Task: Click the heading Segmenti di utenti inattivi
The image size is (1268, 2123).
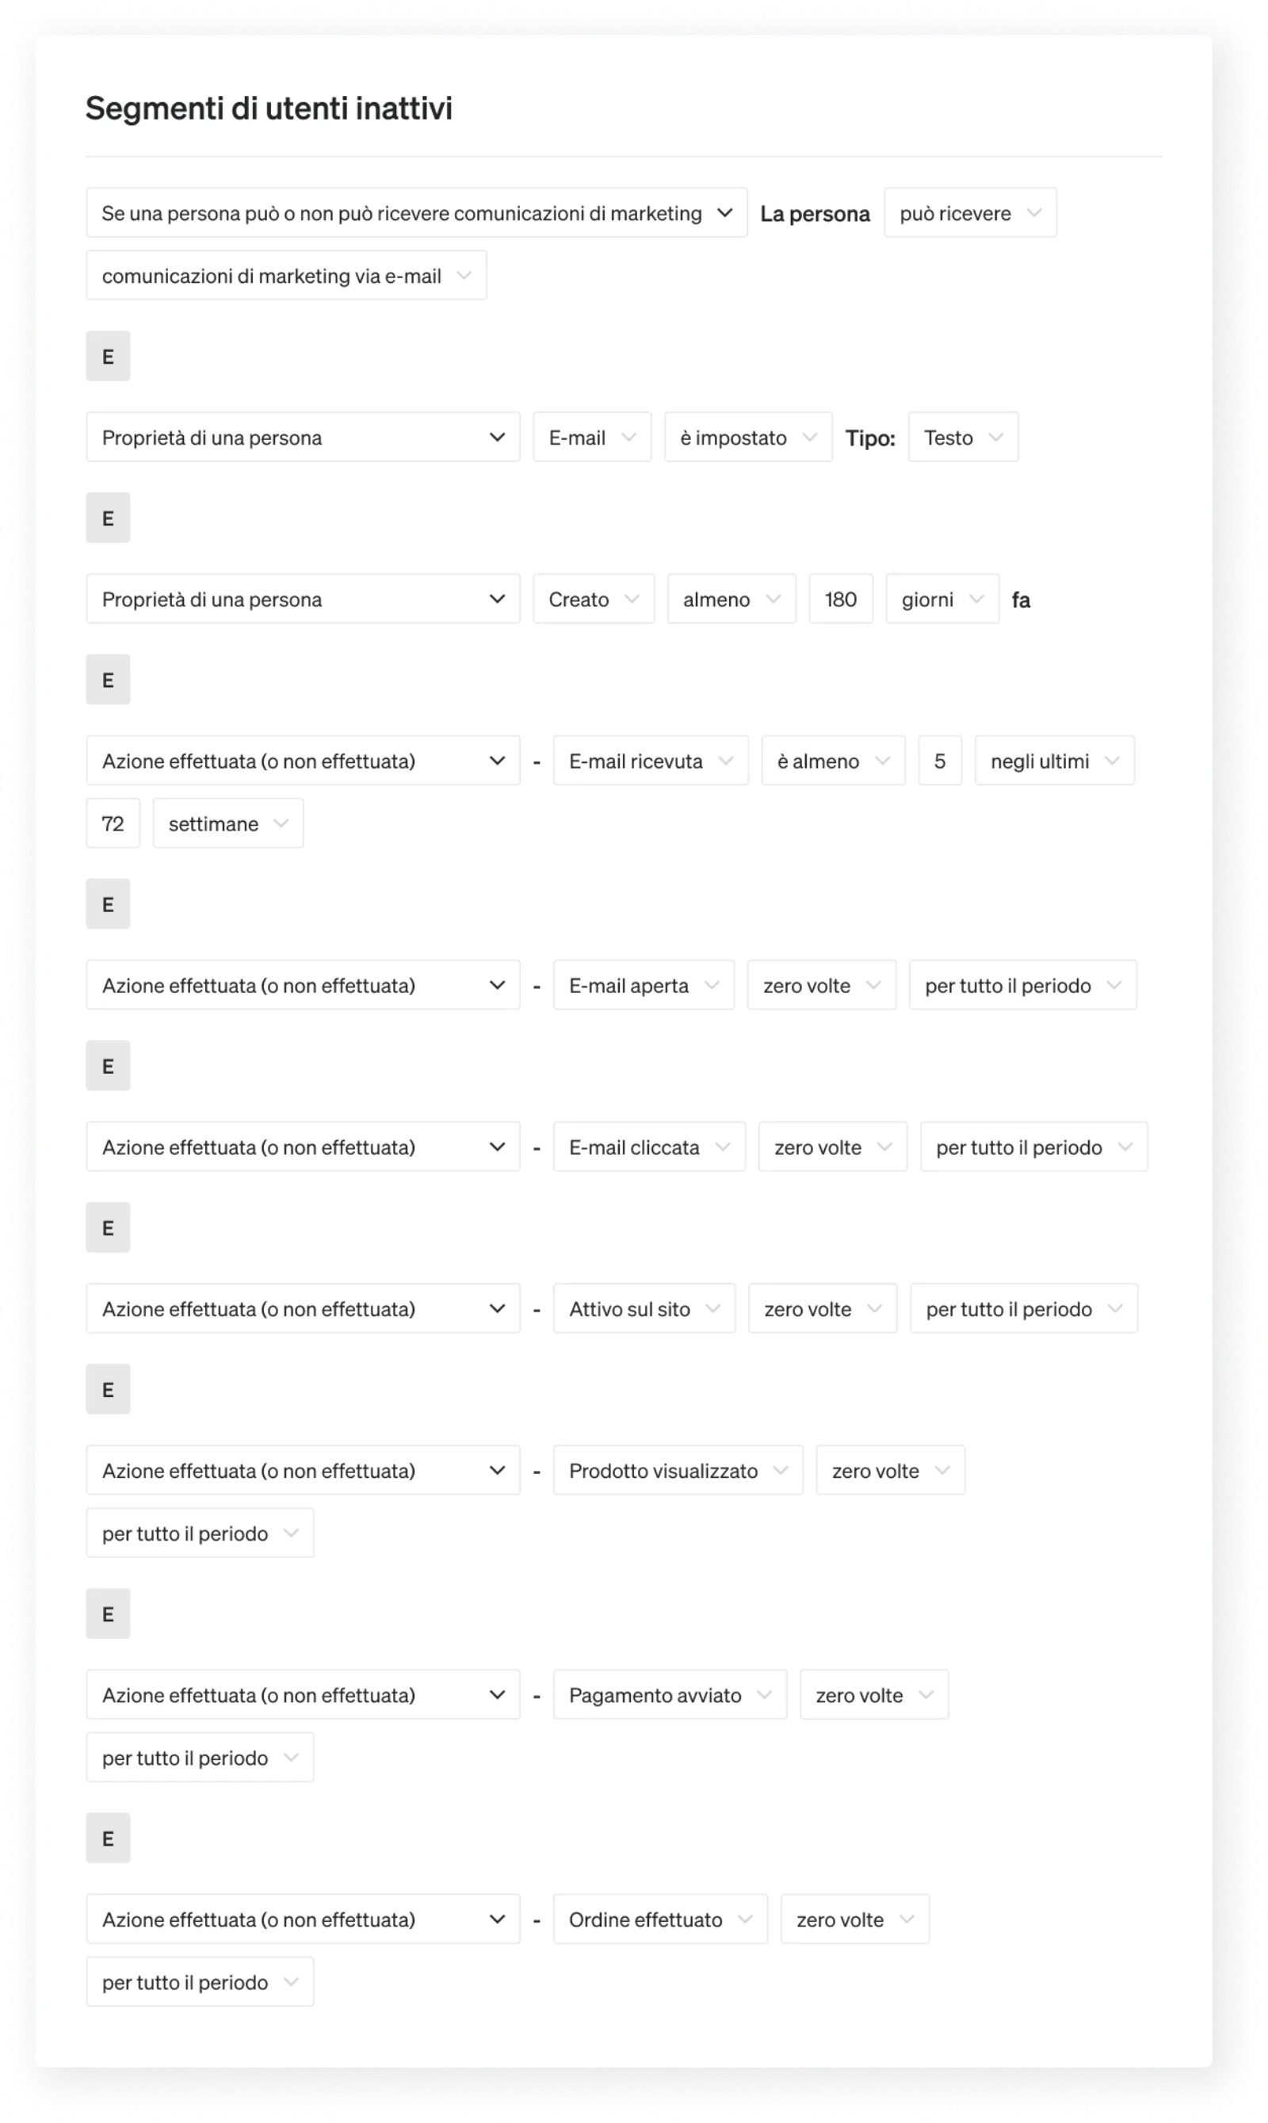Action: (x=269, y=109)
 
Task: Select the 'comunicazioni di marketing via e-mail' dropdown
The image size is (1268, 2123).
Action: (x=285, y=275)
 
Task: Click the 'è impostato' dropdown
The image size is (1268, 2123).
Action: (x=747, y=437)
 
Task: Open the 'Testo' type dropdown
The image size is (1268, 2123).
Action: (x=962, y=437)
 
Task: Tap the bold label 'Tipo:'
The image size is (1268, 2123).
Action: (x=870, y=438)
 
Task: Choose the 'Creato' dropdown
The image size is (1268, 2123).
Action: (x=593, y=599)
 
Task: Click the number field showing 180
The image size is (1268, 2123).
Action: (x=840, y=599)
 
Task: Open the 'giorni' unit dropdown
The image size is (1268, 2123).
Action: (x=941, y=599)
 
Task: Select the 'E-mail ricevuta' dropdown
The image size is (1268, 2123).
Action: (x=650, y=760)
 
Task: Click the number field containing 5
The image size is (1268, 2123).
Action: (x=939, y=760)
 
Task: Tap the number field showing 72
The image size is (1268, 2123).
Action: (x=113, y=823)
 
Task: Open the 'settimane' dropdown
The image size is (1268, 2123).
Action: (x=227, y=823)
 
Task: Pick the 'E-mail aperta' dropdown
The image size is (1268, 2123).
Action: (x=643, y=985)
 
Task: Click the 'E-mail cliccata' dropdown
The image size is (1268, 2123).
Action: (x=648, y=1147)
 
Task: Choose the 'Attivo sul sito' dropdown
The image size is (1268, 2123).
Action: (x=644, y=1308)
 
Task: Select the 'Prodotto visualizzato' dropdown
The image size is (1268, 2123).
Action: (x=677, y=1469)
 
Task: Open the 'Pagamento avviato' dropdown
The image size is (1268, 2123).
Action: (x=669, y=1694)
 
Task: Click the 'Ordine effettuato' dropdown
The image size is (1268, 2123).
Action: (x=659, y=1919)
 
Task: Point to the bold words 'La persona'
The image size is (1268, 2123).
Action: (x=814, y=214)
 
